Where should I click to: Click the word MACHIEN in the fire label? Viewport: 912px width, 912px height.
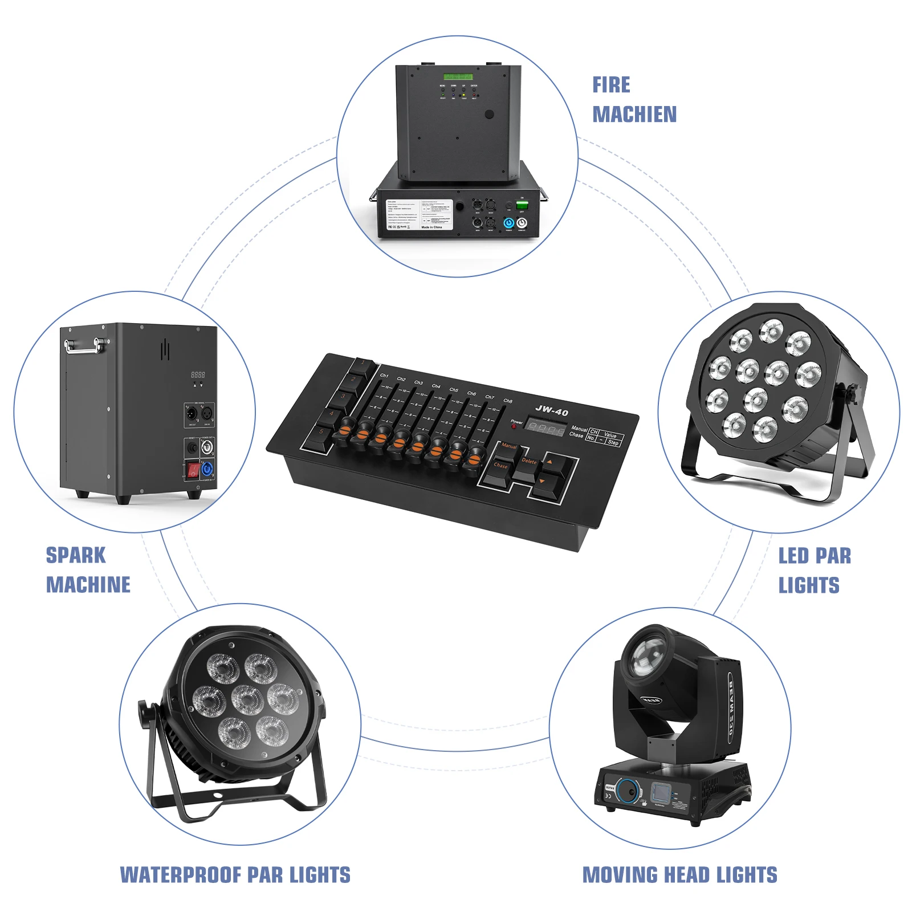(x=634, y=115)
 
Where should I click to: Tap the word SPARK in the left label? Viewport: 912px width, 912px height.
(x=76, y=555)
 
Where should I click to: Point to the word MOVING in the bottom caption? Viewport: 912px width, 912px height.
(x=614, y=875)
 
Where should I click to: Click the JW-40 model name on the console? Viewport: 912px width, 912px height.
(x=551, y=410)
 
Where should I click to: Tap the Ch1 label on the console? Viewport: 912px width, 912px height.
(x=384, y=376)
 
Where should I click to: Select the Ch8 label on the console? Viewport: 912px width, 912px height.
(x=508, y=401)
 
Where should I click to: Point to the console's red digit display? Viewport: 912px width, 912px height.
(x=545, y=427)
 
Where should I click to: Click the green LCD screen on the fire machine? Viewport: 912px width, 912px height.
(x=458, y=77)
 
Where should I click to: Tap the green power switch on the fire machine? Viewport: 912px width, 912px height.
(x=522, y=204)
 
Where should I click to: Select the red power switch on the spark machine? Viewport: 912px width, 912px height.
(x=193, y=470)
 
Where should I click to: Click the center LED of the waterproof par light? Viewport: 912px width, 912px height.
(x=247, y=699)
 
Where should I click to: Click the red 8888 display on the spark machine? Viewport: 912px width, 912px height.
(x=198, y=374)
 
